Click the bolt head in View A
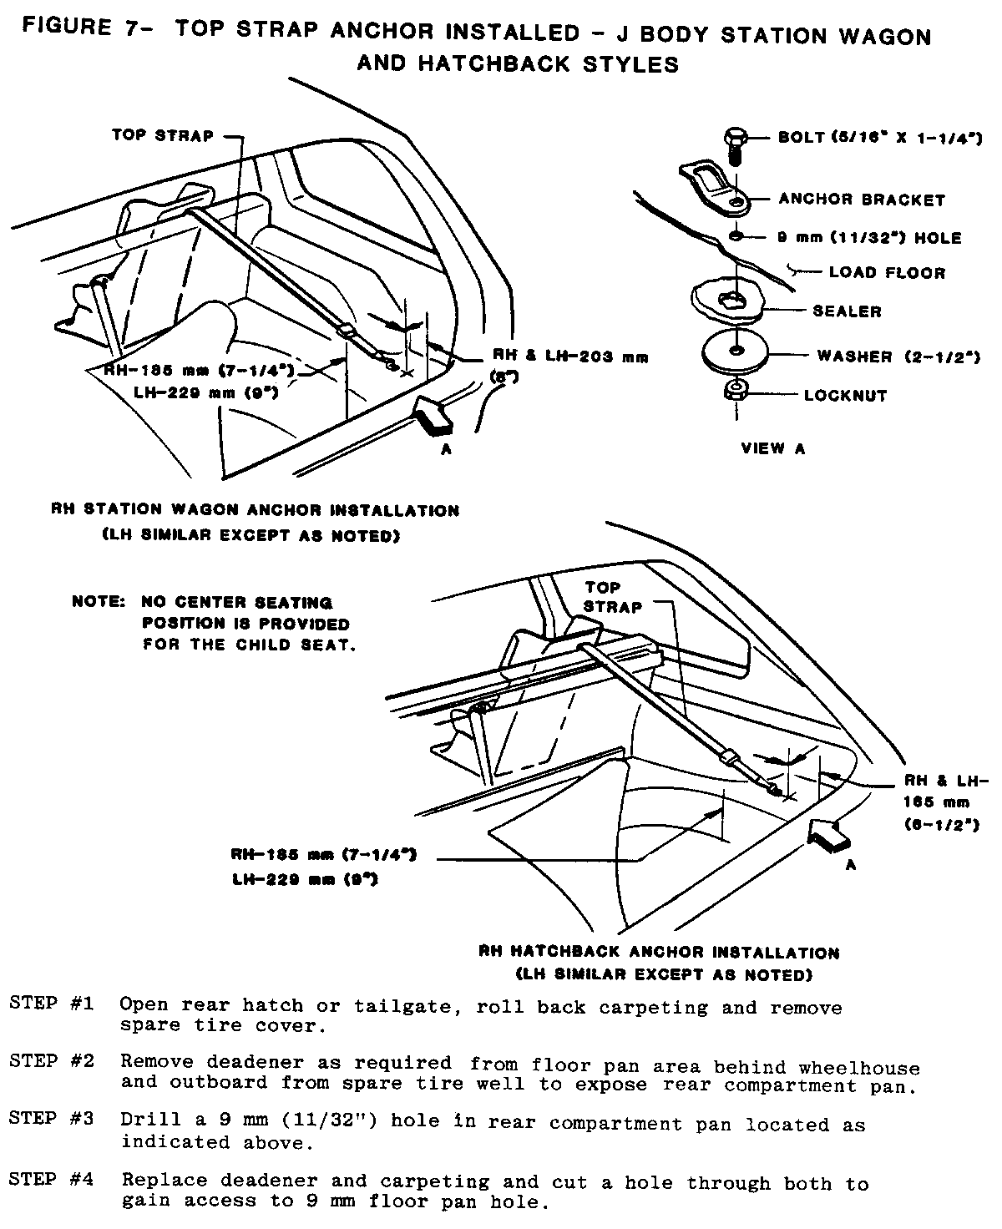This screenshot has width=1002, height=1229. (733, 137)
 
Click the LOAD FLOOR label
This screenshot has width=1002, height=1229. (887, 272)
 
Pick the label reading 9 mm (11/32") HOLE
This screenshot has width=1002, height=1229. (868, 238)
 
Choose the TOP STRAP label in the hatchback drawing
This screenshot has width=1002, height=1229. (613, 597)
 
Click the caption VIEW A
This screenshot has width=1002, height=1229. (773, 448)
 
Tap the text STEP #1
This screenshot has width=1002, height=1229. (51, 1002)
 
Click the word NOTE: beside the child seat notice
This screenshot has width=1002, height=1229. (99, 601)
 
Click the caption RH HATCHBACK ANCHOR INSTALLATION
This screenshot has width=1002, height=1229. (660, 952)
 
